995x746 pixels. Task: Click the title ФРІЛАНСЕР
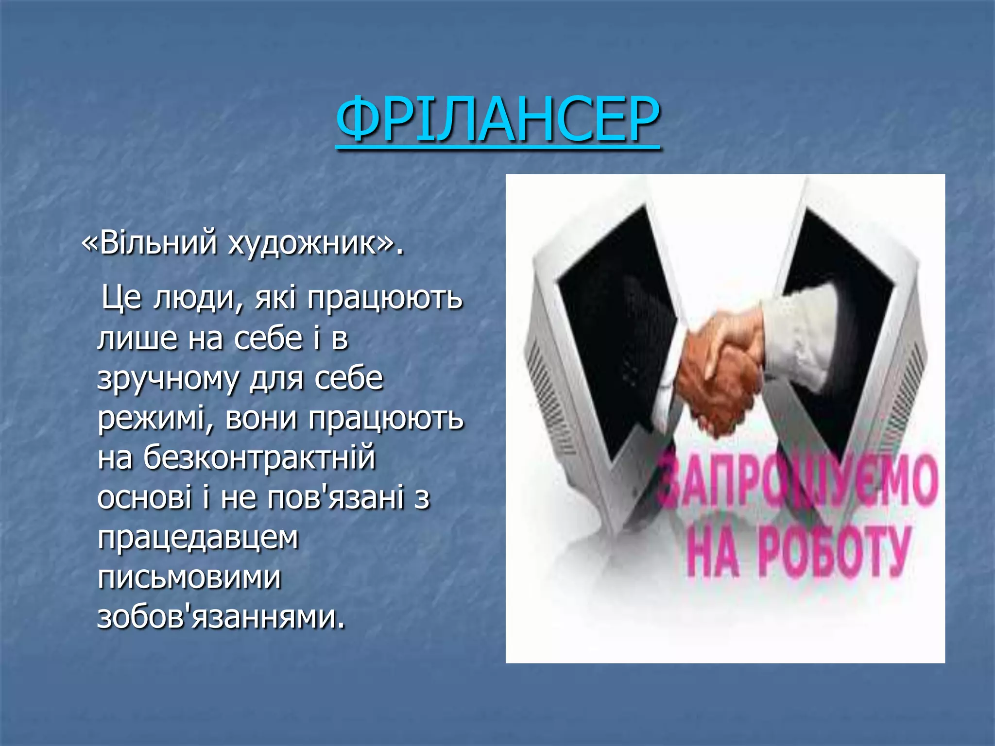click(497, 119)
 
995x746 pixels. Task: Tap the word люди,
click(198, 298)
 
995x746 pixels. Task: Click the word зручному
click(168, 379)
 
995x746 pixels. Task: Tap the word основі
click(145, 498)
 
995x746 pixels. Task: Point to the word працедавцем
click(198, 538)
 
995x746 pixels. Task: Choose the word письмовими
click(189, 578)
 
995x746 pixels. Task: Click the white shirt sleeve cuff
click(797, 340)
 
